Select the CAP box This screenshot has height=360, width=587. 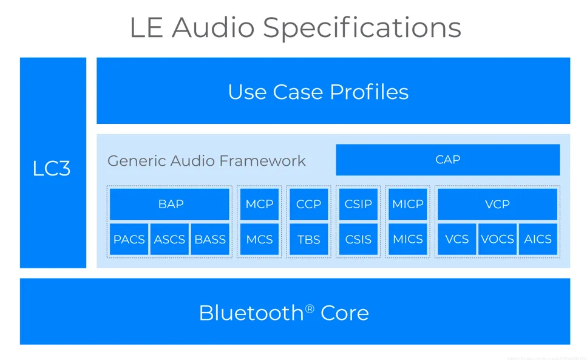pyautogui.click(x=447, y=160)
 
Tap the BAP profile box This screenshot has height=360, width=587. pyautogui.click(x=170, y=204)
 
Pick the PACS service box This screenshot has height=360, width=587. pyautogui.click(x=129, y=239)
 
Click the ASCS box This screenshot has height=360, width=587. pyautogui.click(x=169, y=239)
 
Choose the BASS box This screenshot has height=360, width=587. pyautogui.click(x=210, y=239)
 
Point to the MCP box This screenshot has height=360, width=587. pyautogui.click(x=259, y=204)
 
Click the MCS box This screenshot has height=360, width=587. pyautogui.click(x=259, y=239)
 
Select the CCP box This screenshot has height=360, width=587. pyautogui.click(x=308, y=204)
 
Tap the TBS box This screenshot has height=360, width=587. pyautogui.click(x=308, y=239)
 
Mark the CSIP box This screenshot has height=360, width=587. pyautogui.click(x=358, y=204)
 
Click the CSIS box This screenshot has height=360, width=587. pyautogui.click(x=358, y=239)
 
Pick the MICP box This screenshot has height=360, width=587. pyautogui.click(x=408, y=204)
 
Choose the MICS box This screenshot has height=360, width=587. pyautogui.click(x=408, y=239)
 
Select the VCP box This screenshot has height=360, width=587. pyautogui.click(x=497, y=204)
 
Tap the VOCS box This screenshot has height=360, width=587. pyautogui.click(x=497, y=239)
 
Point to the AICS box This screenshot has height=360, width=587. pyautogui.click(x=538, y=239)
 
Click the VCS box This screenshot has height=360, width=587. pyautogui.click(x=457, y=239)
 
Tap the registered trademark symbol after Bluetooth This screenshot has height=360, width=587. pyautogui.click(x=310, y=308)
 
